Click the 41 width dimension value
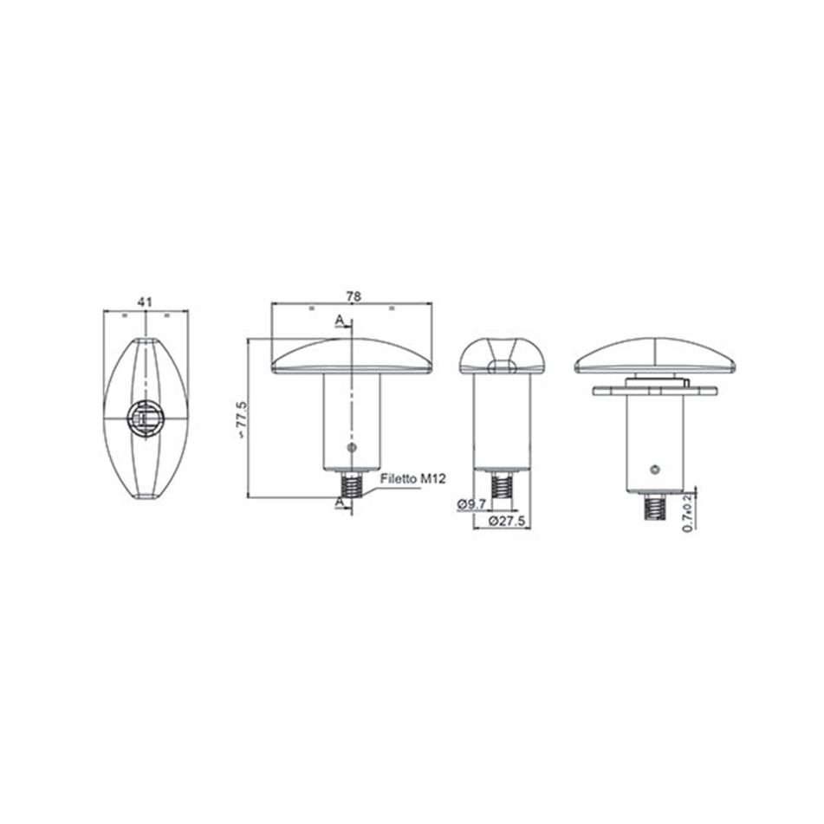click(x=145, y=302)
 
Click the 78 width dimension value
click(x=354, y=296)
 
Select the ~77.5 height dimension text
click(x=241, y=420)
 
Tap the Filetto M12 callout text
click(x=413, y=479)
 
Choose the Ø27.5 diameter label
click(x=507, y=521)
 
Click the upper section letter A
click(x=340, y=320)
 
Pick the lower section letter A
click(x=340, y=503)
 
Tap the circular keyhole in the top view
click(x=146, y=418)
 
